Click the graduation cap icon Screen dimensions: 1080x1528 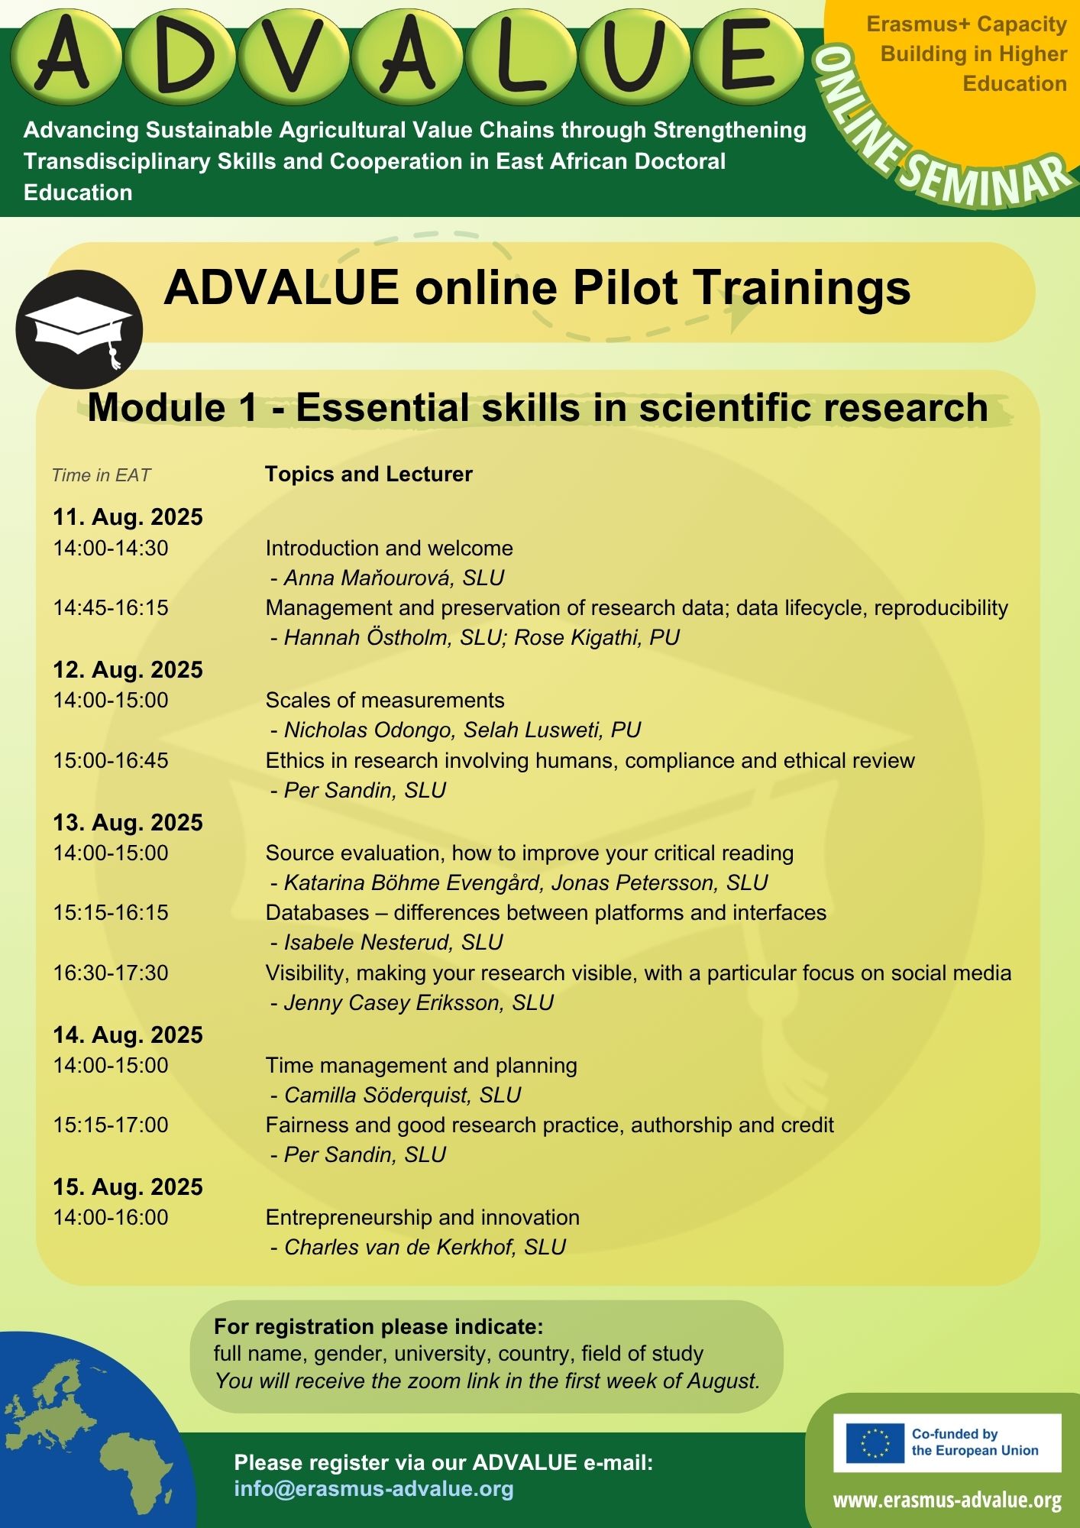[x=79, y=330]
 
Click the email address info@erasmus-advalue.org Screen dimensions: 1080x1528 [x=374, y=1488]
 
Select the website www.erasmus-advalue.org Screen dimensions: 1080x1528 [x=947, y=1500]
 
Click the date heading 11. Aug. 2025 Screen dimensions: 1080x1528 [x=128, y=517]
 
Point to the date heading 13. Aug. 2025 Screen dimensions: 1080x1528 [x=128, y=823]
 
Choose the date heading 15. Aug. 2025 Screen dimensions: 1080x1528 [x=128, y=1187]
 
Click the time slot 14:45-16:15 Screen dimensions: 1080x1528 [x=111, y=608]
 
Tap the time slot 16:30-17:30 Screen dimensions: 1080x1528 [x=111, y=973]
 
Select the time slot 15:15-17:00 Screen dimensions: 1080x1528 [x=111, y=1125]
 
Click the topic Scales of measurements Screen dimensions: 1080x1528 [x=385, y=701]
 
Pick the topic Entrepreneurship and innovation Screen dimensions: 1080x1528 [x=422, y=1218]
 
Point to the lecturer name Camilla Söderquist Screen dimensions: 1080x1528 [x=375, y=1096]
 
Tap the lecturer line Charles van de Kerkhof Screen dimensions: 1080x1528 [x=418, y=1248]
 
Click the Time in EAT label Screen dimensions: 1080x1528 [x=101, y=475]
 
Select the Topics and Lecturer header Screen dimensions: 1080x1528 [x=369, y=474]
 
